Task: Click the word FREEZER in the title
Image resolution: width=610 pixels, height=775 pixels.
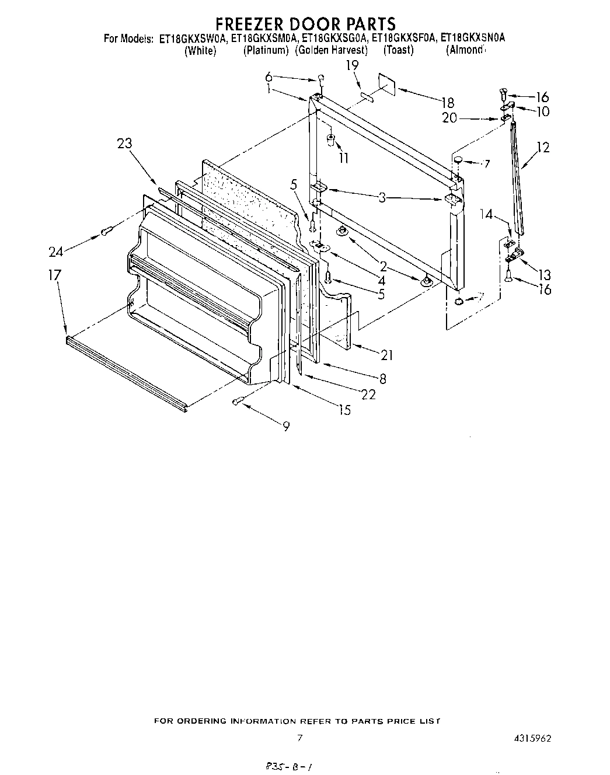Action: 252,24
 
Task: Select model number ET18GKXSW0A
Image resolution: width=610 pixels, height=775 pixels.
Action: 192,39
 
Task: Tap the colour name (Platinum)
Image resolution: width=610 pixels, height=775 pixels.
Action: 266,50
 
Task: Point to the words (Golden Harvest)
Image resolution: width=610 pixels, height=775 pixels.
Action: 331,50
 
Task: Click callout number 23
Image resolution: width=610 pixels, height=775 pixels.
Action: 124,144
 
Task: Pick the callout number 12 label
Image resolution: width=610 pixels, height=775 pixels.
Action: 542,148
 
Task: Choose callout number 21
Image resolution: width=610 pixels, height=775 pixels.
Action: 386,355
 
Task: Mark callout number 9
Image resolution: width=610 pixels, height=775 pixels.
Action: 286,427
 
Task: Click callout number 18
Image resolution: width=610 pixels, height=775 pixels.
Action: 448,103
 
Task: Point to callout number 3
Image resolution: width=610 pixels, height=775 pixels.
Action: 382,198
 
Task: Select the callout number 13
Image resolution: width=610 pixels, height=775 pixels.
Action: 544,274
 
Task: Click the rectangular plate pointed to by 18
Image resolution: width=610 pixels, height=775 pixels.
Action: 386,84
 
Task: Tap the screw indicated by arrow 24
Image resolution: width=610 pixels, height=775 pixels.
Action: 106,231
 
